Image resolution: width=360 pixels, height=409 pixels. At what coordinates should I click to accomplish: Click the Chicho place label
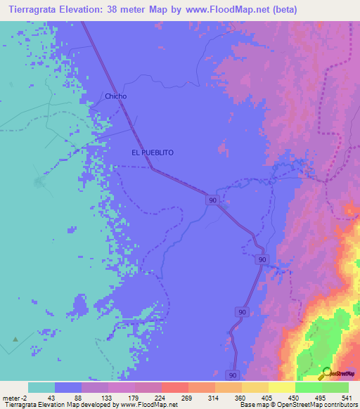click(x=115, y=96)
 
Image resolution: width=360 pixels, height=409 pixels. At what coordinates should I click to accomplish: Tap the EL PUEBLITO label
click(x=152, y=152)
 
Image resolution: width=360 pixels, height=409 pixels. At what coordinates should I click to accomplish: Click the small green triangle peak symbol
click(x=14, y=339)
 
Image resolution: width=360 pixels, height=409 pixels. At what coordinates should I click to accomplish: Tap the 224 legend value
click(x=161, y=397)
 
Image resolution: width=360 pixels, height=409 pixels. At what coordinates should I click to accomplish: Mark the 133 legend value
click(x=108, y=397)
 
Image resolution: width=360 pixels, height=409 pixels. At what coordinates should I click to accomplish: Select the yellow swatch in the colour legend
click(x=281, y=387)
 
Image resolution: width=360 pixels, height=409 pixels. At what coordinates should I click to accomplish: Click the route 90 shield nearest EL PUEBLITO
click(x=212, y=200)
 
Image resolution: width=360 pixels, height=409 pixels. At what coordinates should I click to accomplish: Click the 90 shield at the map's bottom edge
click(x=232, y=375)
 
